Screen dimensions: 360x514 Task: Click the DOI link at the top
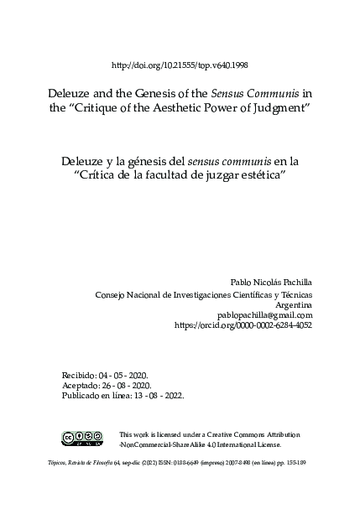pyautogui.click(x=180, y=65)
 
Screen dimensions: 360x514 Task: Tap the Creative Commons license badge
pyautogui.click(x=82, y=438)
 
